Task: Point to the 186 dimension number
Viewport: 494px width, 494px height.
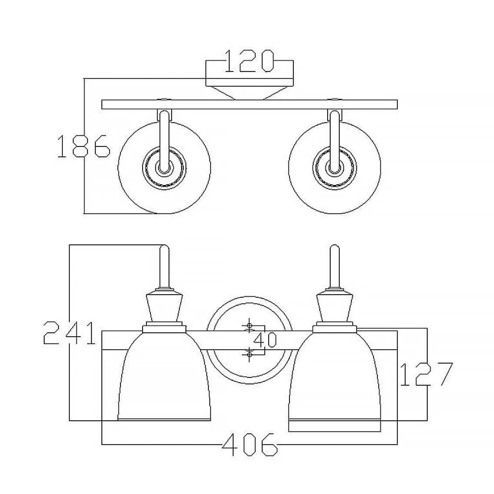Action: coord(83,146)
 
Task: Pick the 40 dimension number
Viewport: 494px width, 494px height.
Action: coord(265,340)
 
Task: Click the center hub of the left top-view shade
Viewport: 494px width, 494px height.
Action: coord(164,167)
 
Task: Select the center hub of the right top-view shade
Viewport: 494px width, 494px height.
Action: coord(335,167)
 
